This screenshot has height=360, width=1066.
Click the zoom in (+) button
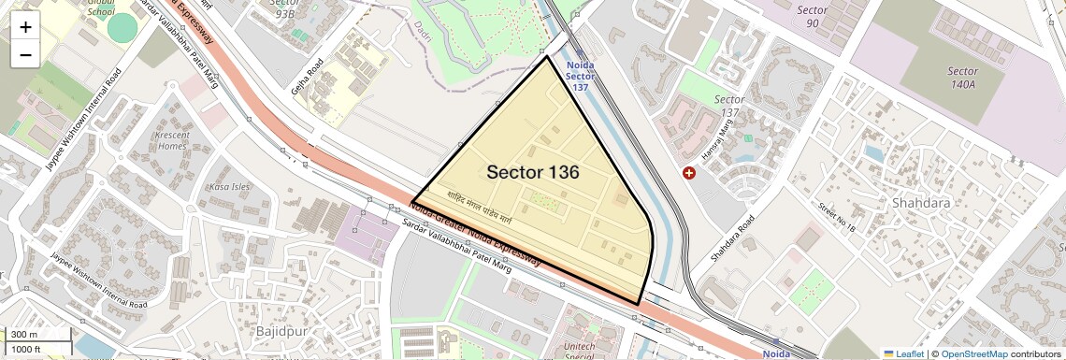pyautogui.click(x=25, y=27)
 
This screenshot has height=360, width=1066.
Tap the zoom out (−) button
pyautogui.click(x=25, y=54)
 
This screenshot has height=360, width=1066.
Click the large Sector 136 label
pyautogui.click(x=533, y=173)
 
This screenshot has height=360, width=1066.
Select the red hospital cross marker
pyautogui.click(x=690, y=173)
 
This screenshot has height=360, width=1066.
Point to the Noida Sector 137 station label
pyautogui.click(x=581, y=76)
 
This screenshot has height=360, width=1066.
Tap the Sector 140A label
pyautogui.click(x=962, y=78)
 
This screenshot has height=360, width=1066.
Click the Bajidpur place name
pyautogui.click(x=281, y=331)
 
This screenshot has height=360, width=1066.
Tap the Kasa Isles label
pyautogui.click(x=231, y=187)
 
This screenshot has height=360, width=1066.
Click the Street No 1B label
pyautogui.click(x=837, y=218)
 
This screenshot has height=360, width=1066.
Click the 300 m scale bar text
pyautogui.click(x=24, y=335)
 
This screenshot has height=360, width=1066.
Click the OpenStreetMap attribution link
pyautogui.click(x=973, y=353)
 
